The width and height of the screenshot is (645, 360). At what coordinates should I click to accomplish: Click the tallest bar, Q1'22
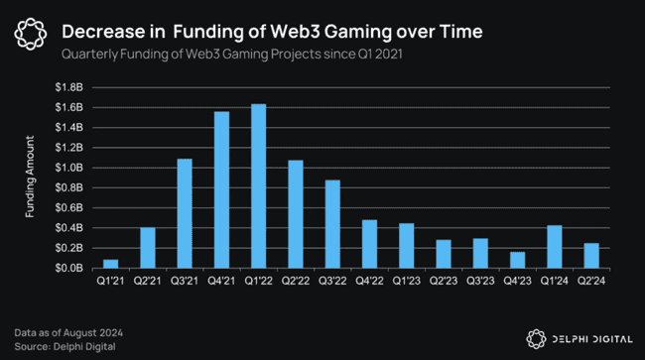point(258,186)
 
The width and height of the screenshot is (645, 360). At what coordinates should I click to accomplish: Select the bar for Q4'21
point(221,189)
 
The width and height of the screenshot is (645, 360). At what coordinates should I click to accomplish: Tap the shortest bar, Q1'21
point(110,264)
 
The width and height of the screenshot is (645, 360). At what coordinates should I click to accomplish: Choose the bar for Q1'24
point(555,247)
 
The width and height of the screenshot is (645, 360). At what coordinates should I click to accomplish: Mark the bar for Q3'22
point(332,224)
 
